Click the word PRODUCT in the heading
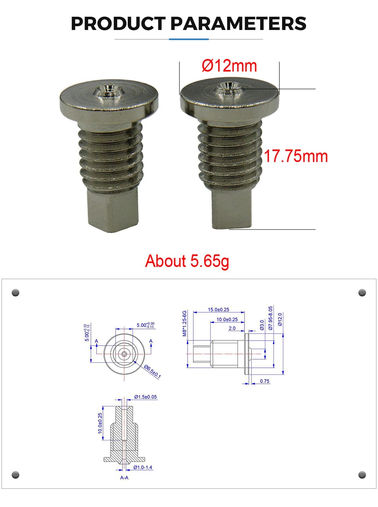coord(118,24)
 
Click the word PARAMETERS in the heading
coord(238,24)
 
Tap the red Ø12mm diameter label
coord(230,66)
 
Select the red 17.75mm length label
coord(296,156)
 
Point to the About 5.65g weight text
coord(187,261)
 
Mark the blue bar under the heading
coord(189,39)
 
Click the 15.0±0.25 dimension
coord(218,309)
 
